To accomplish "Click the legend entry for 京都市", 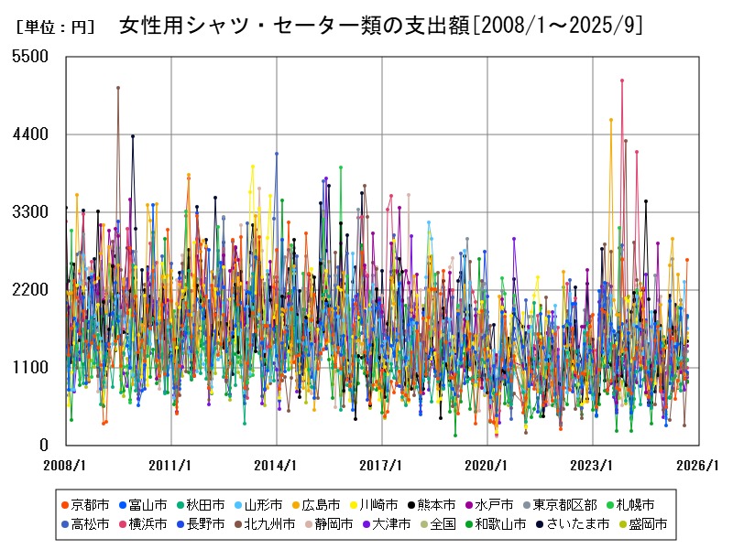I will point(89,504).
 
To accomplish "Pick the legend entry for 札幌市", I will point(635,504).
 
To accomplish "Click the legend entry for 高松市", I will point(89,524).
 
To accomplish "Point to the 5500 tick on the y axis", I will point(33,56).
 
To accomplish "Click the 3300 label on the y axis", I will point(33,211).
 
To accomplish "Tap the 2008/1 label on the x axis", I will point(65,465).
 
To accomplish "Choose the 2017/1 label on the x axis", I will point(382,465).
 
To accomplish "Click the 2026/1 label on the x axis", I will point(698,465).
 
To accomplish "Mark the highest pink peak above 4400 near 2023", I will point(621,81).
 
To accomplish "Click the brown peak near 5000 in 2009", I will point(118,88).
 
